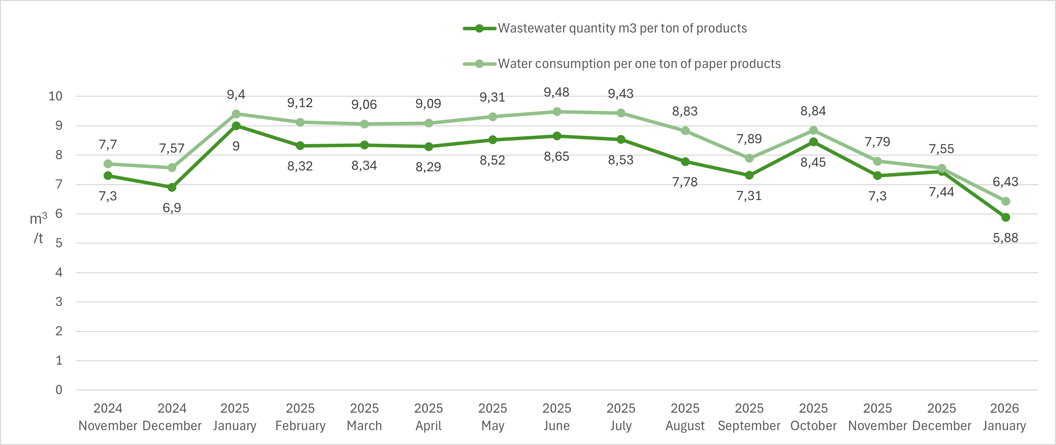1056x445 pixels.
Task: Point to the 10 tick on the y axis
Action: pyautogui.click(x=55, y=96)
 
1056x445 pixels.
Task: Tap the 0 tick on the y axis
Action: pyautogui.click(x=59, y=390)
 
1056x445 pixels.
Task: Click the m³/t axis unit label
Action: pyautogui.click(x=38, y=228)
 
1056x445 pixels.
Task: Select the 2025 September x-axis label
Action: pyautogui.click(x=749, y=417)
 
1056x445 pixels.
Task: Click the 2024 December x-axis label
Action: pyautogui.click(x=172, y=417)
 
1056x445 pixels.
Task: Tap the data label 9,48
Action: pyautogui.click(x=556, y=92)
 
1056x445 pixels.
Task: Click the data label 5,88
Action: pyautogui.click(x=1005, y=238)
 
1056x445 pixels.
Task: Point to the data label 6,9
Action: pyautogui.click(x=172, y=208)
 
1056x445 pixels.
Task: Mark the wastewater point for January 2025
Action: pyautogui.click(x=236, y=126)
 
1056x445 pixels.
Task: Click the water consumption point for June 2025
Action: pyautogui.click(x=557, y=112)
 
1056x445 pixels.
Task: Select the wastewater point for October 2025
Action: pyautogui.click(x=813, y=142)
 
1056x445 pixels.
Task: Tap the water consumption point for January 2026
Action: pyautogui.click(x=1006, y=201)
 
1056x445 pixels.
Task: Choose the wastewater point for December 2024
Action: pyautogui.click(x=172, y=187)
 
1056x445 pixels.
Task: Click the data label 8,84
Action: pyautogui.click(x=813, y=111)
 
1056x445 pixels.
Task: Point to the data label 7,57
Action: pyautogui.click(x=172, y=148)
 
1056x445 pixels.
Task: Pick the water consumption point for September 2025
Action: pyautogui.click(x=749, y=158)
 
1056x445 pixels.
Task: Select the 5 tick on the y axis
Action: pyautogui.click(x=59, y=243)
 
